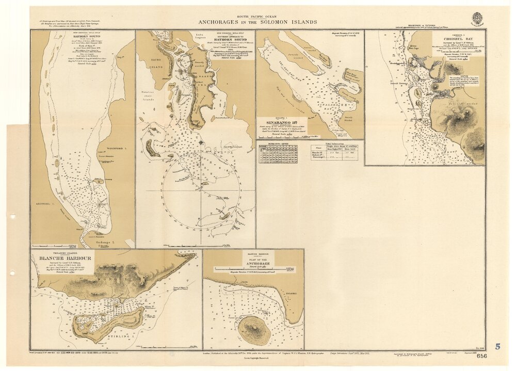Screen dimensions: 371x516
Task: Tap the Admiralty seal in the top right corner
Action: coord(477,19)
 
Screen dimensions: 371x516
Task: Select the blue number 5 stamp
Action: coord(497,347)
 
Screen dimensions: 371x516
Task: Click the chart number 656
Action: coord(482,356)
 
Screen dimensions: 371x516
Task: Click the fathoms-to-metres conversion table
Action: coord(279,156)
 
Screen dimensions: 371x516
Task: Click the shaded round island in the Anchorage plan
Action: coord(253,330)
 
